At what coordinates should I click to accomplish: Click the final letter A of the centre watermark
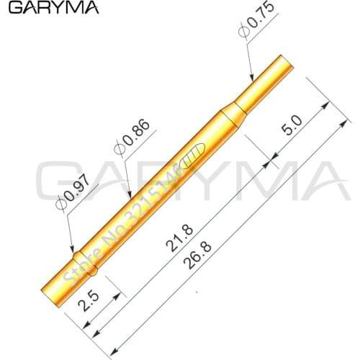317,184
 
